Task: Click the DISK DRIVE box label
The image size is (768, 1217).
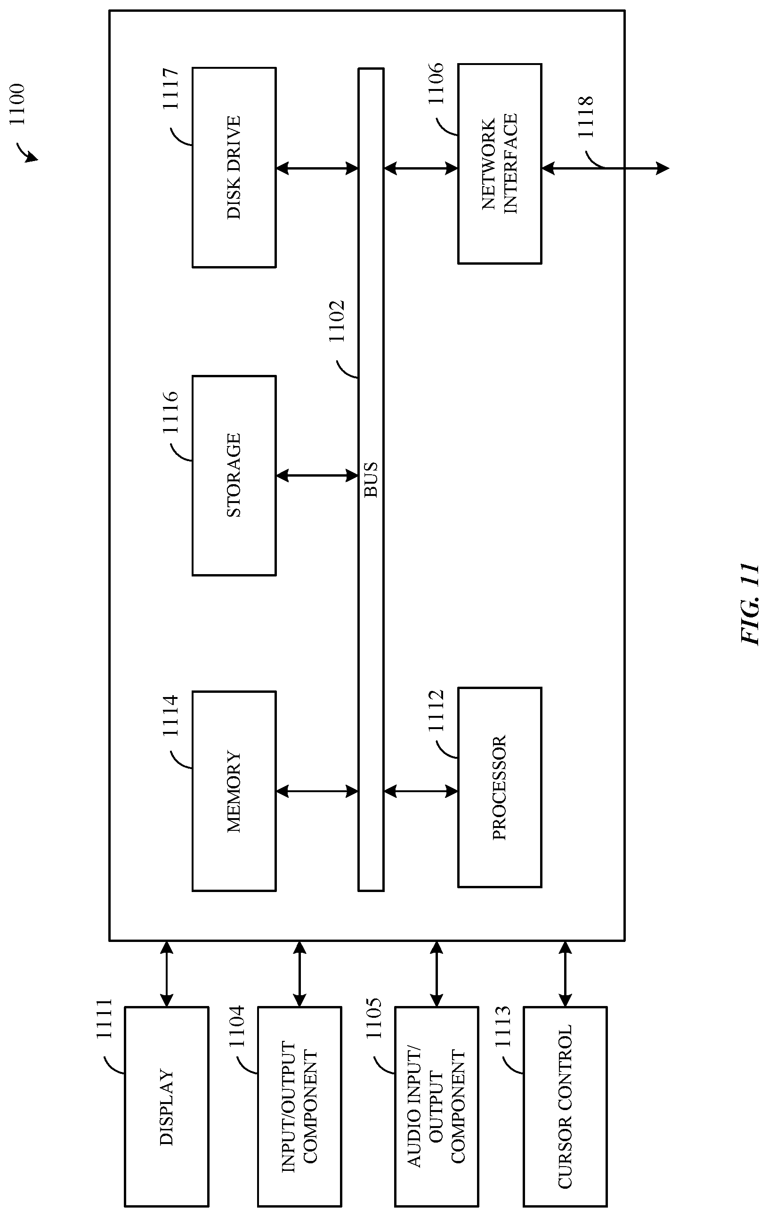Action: click(234, 167)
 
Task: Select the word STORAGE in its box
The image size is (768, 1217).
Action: click(234, 475)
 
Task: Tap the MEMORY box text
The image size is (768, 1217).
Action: click(234, 791)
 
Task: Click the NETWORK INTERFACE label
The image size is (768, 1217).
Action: click(499, 164)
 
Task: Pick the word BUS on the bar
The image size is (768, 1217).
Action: click(371, 479)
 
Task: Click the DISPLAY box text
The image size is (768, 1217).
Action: click(166, 1106)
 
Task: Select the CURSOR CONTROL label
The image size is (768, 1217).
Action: click(565, 1106)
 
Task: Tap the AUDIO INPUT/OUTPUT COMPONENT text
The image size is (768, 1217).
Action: click(436, 1106)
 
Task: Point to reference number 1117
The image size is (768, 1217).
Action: click(171, 89)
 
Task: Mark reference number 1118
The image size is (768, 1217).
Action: click(585, 117)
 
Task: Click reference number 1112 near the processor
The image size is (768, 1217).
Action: click(436, 711)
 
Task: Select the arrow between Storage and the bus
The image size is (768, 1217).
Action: click(317, 475)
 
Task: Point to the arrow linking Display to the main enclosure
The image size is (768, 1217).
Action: click(166, 974)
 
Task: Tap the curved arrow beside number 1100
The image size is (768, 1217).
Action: click(28, 153)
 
